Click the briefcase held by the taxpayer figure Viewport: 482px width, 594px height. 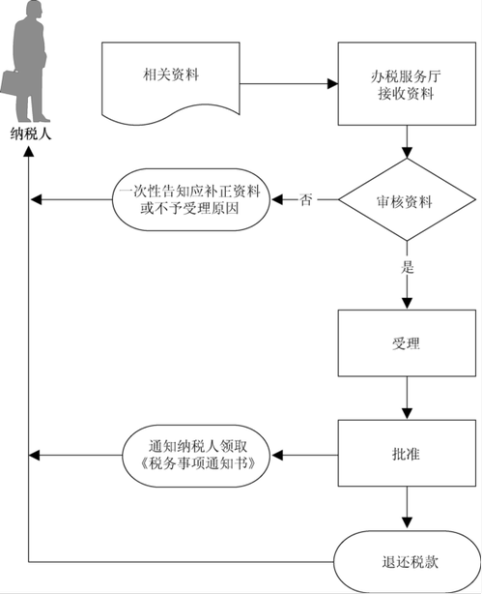[9, 83]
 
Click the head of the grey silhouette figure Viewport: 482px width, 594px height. [33, 11]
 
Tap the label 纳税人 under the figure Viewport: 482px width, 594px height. [30, 134]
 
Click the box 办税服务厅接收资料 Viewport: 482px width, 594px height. [407, 84]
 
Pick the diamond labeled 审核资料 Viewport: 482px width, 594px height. [407, 199]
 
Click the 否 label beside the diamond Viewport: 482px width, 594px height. [305, 199]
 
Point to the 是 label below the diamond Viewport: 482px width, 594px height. [407, 267]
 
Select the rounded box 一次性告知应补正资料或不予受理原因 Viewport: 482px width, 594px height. [191, 199]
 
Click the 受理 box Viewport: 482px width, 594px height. [407, 343]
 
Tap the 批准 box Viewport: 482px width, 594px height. [407, 453]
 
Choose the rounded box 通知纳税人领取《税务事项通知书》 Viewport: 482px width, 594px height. [197, 456]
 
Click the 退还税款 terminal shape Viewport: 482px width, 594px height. [408, 562]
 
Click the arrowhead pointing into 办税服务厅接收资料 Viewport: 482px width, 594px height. [332, 84]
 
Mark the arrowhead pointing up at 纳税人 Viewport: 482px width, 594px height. [29, 151]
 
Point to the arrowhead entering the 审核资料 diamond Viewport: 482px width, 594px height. [407, 153]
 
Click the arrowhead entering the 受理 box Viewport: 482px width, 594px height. [407, 304]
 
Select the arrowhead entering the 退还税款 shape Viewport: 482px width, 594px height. [407, 524]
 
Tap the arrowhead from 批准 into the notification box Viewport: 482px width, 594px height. [277, 455]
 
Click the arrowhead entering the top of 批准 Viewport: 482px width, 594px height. [407, 414]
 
